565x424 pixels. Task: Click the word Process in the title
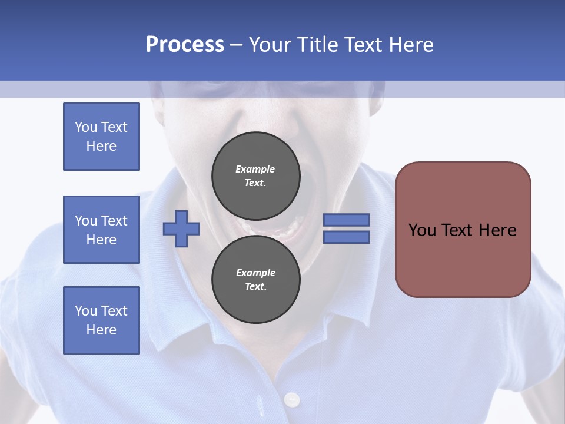pos(185,45)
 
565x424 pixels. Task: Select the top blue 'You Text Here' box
pos(101,137)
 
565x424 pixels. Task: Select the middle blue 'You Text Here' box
pos(101,230)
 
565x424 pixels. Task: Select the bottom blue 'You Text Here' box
pos(101,320)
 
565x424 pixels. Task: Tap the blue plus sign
pos(181,228)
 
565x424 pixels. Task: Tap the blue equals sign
pos(346,228)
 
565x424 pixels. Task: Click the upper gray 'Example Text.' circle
pos(255,175)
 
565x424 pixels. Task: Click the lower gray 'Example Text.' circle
pos(255,279)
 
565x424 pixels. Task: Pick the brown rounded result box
pos(463,230)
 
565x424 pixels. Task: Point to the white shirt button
pos(291,400)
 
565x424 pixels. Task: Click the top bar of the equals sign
pos(346,220)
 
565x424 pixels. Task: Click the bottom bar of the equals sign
pos(346,237)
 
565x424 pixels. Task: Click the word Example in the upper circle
pos(255,169)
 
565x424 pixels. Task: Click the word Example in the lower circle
pos(255,273)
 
